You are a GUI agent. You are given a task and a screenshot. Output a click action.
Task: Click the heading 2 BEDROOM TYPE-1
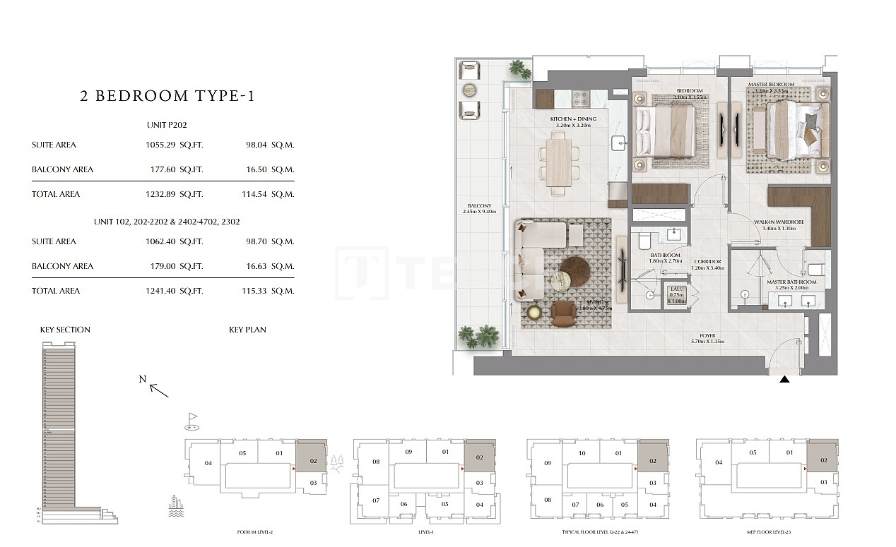pyautogui.click(x=167, y=96)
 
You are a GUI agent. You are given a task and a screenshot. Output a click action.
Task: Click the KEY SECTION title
pyautogui.click(x=65, y=330)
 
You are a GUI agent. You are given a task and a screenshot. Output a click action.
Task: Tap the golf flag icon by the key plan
pyautogui.click(x=192, y=421)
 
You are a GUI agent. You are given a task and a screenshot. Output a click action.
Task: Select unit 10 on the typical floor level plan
pyautogui.click(x=582, y=453)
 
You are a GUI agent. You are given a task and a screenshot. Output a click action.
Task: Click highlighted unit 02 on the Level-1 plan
pyautogui.click(x=480, y=457)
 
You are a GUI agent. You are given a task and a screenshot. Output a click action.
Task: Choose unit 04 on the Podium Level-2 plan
pyautogui.click(x=208, y=464)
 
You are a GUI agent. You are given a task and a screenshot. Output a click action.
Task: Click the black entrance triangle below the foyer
pyautogui.click(x=784, y=380)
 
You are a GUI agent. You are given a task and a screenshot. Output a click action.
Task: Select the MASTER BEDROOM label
pyautogui.click(x=772, y=85)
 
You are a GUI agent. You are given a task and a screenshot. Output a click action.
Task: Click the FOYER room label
pyautogui.click(x=707, y=336)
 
